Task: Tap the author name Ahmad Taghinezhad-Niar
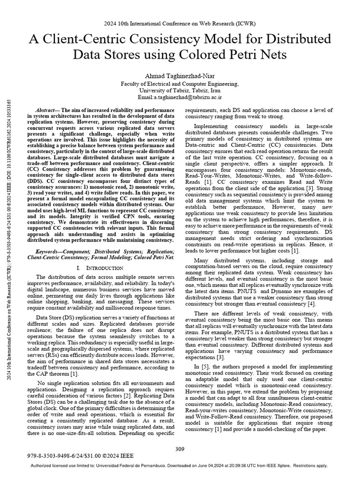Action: [x=180, y=75]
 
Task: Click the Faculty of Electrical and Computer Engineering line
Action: [x=180, y=83]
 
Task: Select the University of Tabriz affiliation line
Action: [x=180, y=90]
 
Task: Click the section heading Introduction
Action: [x=102, y=267]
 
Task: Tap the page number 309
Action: [x=180, y=449]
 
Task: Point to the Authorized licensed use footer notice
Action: [x=180, y=466]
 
